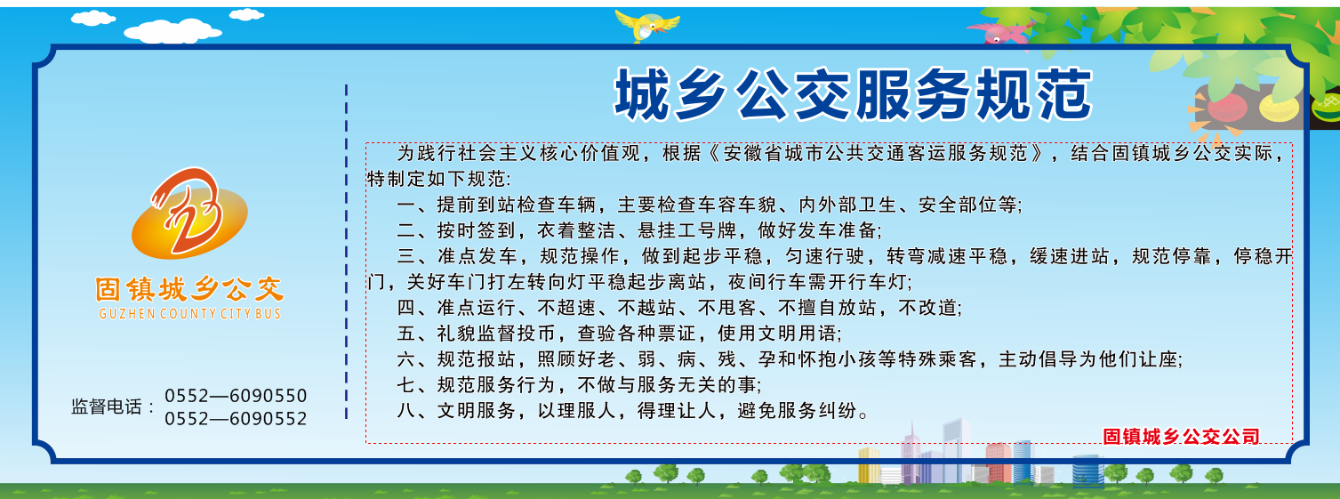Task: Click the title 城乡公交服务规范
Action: pyautogui.click(x=854, y=94)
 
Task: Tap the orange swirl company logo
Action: pyautogui.click(x=189, y=213)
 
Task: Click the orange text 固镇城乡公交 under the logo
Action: pyautogui.click(x=189, y=290)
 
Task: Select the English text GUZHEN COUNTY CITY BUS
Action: pyautogui.click(x=189, y=313)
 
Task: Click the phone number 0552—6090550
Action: pyautogui.click(x=236, y=396)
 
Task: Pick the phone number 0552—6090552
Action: pyautogui.click(x=236, y=418)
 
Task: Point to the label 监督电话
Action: pyautogui.click(x=106, y=406)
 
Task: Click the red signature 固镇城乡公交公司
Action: pyautogui.click(x=1182, y=436)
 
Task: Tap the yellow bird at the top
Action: pyautogui.click(x=646, y=25)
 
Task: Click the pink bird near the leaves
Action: pyautogui.click(x=1000, y=33)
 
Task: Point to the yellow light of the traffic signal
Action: pyautogui.click(x=1279, y=107)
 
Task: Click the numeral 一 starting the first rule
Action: pyautogui.click(x=406, y=205)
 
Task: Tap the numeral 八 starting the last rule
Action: pyautogui.click(x=406, y=410)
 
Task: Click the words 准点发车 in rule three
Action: pyautogui.click(x=477, y=256)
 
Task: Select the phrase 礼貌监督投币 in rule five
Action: pyautogui.click(x=496, y=334)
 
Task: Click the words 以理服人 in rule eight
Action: pyautogui.click(x=577, y=410)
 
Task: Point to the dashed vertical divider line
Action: pyautogui.click(x=347, y=252)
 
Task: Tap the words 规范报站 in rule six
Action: pyautogui.click(x=477, y=359)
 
